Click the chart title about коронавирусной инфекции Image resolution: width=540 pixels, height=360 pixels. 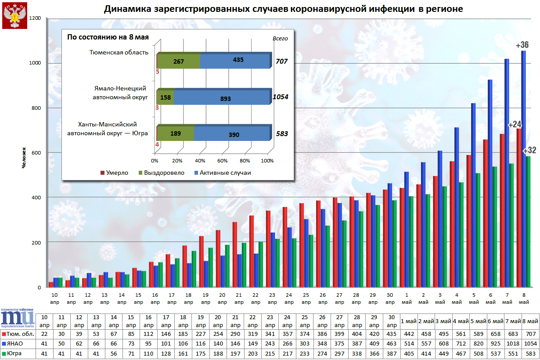[283, 9]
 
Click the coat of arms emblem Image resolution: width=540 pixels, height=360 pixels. [14, 16]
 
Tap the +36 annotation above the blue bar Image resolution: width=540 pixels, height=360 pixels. [522, 45]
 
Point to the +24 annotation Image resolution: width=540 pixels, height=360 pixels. [514, 125]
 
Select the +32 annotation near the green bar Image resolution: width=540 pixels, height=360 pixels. [529, 150]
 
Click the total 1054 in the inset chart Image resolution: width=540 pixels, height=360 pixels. [280, 97]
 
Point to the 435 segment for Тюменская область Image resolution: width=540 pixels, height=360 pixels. [234, 60]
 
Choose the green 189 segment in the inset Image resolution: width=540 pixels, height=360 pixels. [176, 133]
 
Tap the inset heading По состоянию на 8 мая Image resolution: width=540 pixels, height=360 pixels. [108, 37]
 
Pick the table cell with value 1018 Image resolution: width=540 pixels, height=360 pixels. [513, 344]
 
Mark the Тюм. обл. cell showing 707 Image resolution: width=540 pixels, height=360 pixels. [530, 334]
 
